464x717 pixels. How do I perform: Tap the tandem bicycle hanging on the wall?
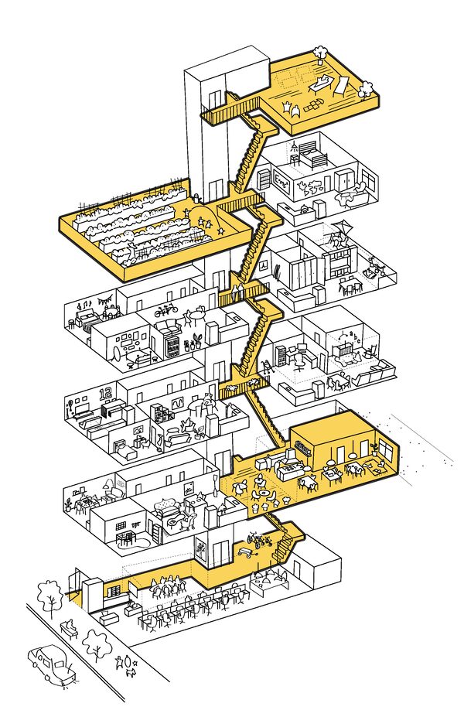pyautogui.click(x=165, y=313)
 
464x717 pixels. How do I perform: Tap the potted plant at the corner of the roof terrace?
pyautogui.click(x=319, y=53)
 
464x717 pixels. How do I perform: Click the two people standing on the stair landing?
pyautogui.click(x=234, y=292)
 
